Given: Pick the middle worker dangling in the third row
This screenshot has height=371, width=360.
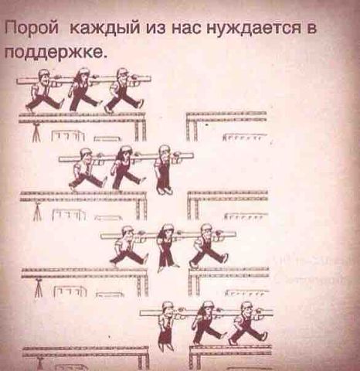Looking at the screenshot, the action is [x=167, y=247].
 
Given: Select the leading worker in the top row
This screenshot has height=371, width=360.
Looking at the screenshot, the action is [x=125, y=90].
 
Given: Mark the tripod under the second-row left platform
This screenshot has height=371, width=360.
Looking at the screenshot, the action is [x=38, y=212].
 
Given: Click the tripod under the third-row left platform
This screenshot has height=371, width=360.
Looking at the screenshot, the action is [x=39, y=289].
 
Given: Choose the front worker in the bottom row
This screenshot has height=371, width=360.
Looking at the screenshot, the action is [x=248, y=323].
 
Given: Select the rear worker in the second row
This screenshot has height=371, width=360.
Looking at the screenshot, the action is [x=87, y=169].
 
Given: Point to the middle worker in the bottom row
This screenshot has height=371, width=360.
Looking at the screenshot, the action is [x=208, y=323].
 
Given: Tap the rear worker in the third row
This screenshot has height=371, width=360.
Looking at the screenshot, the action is [x=128, y=247].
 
